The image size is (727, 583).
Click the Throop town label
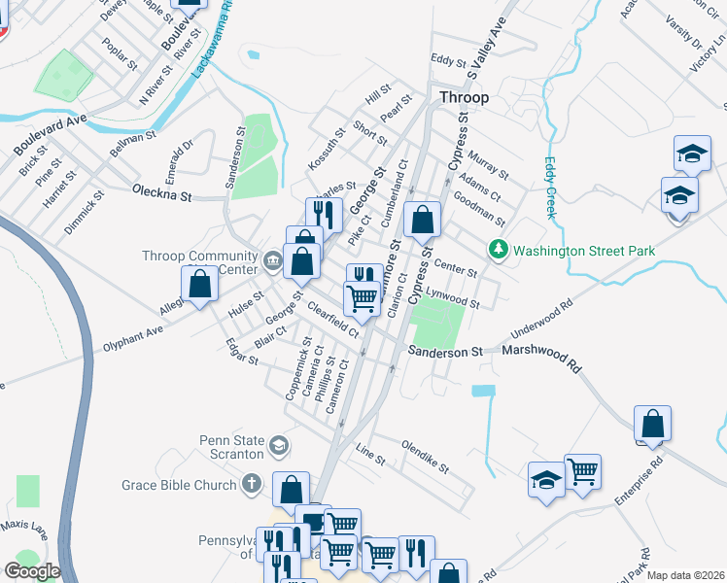(x=464, y=98)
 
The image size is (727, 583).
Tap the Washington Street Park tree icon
(x=500, y=251)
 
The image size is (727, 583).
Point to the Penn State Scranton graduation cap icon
(x=279, y=446)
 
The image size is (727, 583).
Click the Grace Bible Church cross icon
(x=252, y=483)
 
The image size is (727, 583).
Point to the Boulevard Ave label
(x=50, y=135)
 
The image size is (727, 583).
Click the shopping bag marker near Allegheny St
(x=199, y=285)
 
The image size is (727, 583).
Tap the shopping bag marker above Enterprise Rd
(x=652, y=424)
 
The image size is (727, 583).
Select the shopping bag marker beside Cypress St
(x=422, y=221)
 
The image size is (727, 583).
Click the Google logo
(x=32, y=571)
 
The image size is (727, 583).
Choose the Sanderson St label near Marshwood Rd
(x=445, y=352)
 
